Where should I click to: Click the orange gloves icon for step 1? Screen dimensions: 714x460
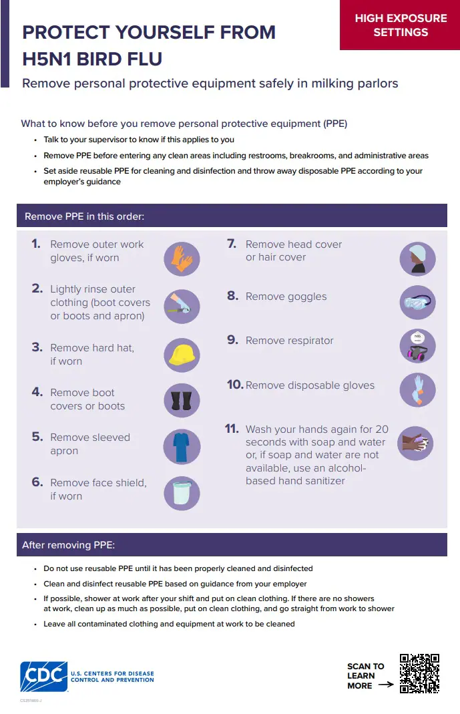(x=182, y=258)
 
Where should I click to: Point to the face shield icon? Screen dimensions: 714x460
(x=182, y=492)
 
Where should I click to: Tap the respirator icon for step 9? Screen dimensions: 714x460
(x=417, y=347)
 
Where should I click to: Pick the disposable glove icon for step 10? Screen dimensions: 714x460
(x=417, y=390)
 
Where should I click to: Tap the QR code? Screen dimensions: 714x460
(x=419, y=673)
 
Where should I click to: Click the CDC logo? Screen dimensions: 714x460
(x=44, y=677)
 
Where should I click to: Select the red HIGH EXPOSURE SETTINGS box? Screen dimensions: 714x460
(x=400, y=25)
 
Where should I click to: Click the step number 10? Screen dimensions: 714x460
(x=234, y=385)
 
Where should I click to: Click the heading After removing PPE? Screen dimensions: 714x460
(x=69, y=545)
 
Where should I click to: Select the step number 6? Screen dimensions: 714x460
(x=37, y=482)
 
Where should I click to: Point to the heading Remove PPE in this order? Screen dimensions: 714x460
(x=84, y=216)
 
